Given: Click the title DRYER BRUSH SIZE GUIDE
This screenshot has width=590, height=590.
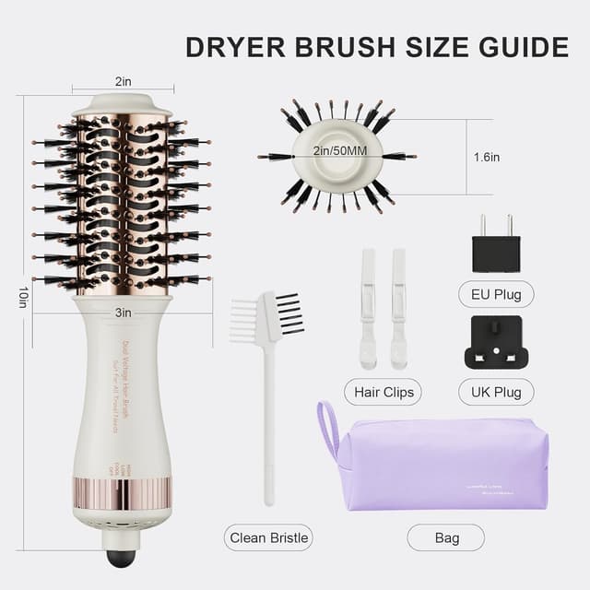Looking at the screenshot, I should pyautogui.click(x=377, y=47).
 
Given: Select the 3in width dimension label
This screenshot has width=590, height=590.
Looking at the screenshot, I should pyautogui.click(x=123, y=313).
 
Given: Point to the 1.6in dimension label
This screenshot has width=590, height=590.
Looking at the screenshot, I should pyautogui.click(x=488, y=157).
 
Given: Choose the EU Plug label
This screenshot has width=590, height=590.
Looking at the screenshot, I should pyautogui.click(x=496, y=295).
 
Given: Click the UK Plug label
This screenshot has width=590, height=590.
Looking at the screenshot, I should pyautogui.click(x=496, y=391).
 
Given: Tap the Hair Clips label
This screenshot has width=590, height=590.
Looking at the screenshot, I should pyautogui.click(x=382, y=391).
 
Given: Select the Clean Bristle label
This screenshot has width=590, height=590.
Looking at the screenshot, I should pyautogui.click(x=269, y=537).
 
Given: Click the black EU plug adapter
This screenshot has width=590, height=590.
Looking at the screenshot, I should pyautogui.click(x=496, y=249).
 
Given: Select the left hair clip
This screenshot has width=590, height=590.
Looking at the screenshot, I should pyautogui.click(x=368, y=309).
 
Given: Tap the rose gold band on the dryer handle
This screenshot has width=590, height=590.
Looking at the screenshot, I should pyautogui.click(x=123, y=493).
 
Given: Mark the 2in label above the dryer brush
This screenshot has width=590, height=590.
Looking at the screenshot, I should pyautogui.click(x=123, y=81).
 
